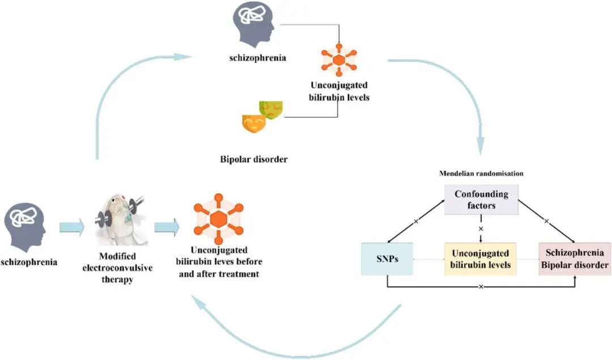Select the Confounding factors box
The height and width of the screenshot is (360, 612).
point(481,200)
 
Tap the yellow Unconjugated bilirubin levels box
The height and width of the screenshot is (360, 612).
point(480,259)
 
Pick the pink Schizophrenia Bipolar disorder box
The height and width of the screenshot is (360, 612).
point(574,259)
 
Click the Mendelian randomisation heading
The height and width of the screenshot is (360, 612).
point(481,172)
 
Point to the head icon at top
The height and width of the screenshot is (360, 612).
point(254,26)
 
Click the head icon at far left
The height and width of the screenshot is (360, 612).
point(24,226)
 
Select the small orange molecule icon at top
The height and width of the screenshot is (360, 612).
point(338,60)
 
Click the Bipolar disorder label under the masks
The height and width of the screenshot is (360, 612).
point(253,159)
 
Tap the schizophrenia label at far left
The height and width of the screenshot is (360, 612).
point(29,262)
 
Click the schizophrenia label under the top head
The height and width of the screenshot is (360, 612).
point(254,58)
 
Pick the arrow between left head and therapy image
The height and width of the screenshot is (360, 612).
point(71,228)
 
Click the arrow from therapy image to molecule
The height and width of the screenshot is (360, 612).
point(167,228)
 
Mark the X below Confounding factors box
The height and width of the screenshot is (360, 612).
point(481,228)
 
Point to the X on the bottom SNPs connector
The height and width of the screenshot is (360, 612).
point(481,287)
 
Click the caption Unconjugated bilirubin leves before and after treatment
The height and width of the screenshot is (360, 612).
point(219,261)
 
